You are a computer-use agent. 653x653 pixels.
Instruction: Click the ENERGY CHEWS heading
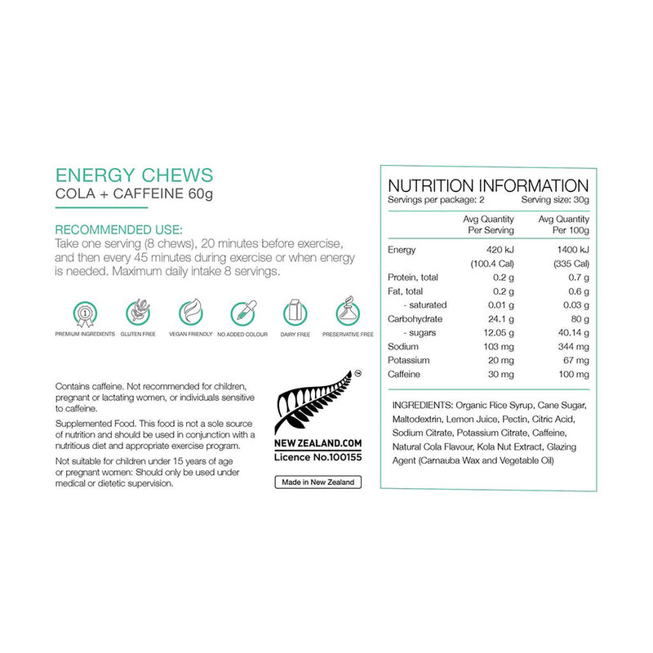(x=133, y=175)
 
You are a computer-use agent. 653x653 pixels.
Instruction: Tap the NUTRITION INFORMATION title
(x=487, y=185)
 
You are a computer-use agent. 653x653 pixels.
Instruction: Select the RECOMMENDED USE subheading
(x=118, y=230)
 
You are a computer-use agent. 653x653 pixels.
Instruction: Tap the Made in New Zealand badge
(x=318, y=482)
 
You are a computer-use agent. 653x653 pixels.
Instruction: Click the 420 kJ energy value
(x=499, y=250)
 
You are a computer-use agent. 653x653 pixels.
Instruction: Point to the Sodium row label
(x=403, y=347)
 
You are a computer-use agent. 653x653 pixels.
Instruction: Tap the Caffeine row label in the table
(x=406, y=375)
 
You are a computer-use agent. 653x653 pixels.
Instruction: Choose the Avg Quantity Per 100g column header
(x=563, y=224)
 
